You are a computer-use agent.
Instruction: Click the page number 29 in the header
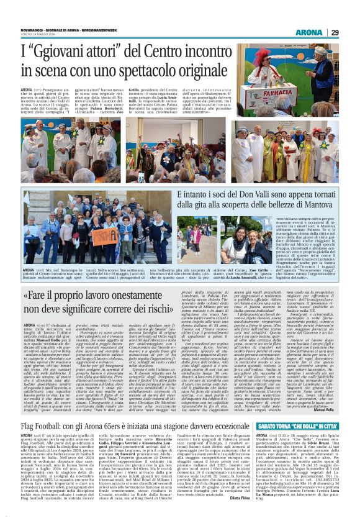(334, 32)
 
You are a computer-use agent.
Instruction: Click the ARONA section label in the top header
(308, 32)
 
